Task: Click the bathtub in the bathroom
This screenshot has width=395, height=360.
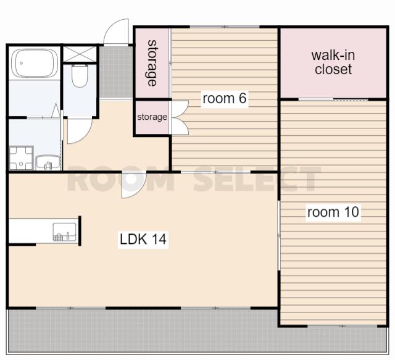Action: pyautogui.click(x=35, y=63)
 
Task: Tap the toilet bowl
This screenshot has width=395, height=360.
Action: pyautogui.click(x=80, y=75)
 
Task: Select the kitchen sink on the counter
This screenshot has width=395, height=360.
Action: pyautogui.click(x=64, y=232)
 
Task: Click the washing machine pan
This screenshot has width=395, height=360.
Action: pyautogui.click(x=21, y=158)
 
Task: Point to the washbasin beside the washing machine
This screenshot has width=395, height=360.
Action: pyautogui.click(x=48, y=162)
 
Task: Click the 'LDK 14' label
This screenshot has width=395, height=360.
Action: pyautogui.click(x=143, y=239)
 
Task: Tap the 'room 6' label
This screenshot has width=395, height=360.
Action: pyautogui.click(x=225, y=98)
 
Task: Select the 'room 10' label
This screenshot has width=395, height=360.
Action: pyautogui.click(x=333, y=212)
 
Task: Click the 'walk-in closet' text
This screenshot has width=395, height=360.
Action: pyautogui.click(x=333, y=62)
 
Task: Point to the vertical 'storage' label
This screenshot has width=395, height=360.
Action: pyautogui.click(x=152, y=63)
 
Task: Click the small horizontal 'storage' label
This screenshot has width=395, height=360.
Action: pyautogui.click(x=152, y=117)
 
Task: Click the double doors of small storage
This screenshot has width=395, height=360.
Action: pyautogui.click(x=180, y=117)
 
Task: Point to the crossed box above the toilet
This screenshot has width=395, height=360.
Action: pyautogui.click(x=80, y=54)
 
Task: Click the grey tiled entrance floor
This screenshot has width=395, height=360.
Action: pyautogui.click(x=116, y=72)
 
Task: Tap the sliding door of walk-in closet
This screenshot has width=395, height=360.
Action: pyautogui.click(x=333, y=100)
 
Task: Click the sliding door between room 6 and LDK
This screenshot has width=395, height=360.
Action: pyautogui.click(x=215, y=172)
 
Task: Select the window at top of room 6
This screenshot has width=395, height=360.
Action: pyautogui.click(x=225, y=27)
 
